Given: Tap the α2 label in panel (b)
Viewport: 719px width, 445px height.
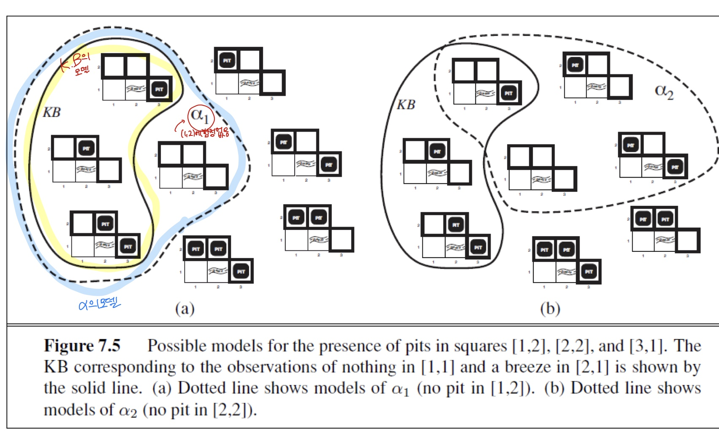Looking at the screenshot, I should click(664, 91).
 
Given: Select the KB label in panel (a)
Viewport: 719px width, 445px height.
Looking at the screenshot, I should click(52, 112).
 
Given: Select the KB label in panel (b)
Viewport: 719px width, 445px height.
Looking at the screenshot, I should click(406, 105).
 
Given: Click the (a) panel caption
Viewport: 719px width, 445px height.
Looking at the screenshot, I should click(185, 309).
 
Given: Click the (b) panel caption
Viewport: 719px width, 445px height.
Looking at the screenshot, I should click(550, 309).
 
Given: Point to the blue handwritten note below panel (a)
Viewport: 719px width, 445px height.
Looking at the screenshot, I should click(100, 303).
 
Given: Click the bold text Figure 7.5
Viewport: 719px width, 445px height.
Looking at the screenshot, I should click(82, 346).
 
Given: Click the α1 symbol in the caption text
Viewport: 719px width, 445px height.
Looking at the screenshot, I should click(400, 389).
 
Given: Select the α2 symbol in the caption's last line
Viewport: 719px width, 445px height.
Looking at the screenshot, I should click(128, 410).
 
